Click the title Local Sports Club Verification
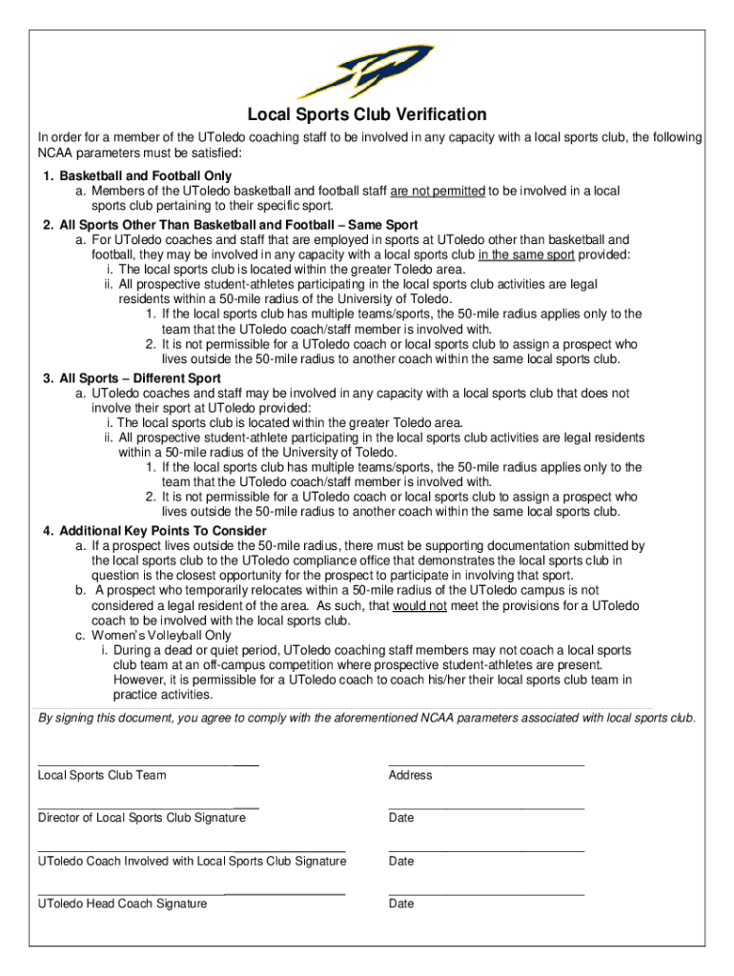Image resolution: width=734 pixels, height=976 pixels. tap(367, 115)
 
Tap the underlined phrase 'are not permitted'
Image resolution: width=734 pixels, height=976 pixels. tap(438, 192)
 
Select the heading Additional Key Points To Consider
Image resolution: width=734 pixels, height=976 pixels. tap(163, 531)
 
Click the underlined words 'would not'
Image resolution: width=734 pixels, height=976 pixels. tap(419, 605)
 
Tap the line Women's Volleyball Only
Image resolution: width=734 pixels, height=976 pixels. tap(161, 636)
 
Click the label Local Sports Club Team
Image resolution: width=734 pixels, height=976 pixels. tap(102, 776)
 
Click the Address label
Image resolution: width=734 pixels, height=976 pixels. tap(410, 776)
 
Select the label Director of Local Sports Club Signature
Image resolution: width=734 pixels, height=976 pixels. tap(141, 818)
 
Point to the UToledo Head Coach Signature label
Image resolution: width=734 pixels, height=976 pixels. tap(122, 904)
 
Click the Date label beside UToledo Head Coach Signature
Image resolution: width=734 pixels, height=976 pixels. tap(401, 904)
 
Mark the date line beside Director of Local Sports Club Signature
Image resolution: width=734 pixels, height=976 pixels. tap(486, 807)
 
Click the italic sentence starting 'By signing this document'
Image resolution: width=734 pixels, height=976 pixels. tap(366, 718)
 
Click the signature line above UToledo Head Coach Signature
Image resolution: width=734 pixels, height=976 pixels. tap(191, 893)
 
